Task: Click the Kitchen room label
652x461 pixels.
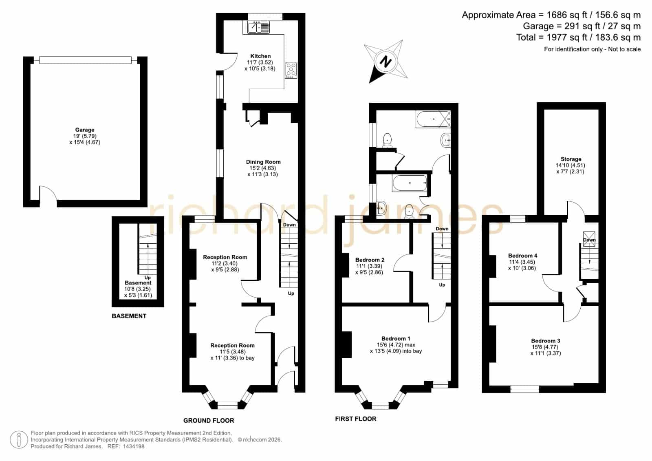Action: pos(260,56)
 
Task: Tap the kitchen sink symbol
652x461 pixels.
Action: pos(258,27)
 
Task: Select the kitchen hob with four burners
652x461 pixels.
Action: pos(291,70)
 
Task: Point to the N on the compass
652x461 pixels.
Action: pos(385,62)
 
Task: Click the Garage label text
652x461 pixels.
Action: pos(85,130)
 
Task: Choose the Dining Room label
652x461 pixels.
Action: pos(263,162)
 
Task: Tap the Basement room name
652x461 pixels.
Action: pos(138,283)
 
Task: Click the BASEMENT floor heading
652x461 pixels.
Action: pos(129,316)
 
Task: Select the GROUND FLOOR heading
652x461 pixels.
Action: pos(209,421)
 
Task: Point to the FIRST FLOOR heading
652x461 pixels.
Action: pos(356,419)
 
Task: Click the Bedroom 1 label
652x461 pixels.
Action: pos(396,338)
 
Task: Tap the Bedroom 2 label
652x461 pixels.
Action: pos(370,260)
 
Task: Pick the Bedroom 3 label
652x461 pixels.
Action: pos(546,341)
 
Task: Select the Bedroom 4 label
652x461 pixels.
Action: pos(523,256)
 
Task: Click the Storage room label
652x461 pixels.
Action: pos(571,159)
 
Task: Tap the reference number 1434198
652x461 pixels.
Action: pos(134,446)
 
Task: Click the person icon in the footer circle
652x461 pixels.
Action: pos(19,440)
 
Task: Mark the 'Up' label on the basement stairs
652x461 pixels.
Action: pos(148,278)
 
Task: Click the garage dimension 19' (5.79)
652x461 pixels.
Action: pos(85,136)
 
